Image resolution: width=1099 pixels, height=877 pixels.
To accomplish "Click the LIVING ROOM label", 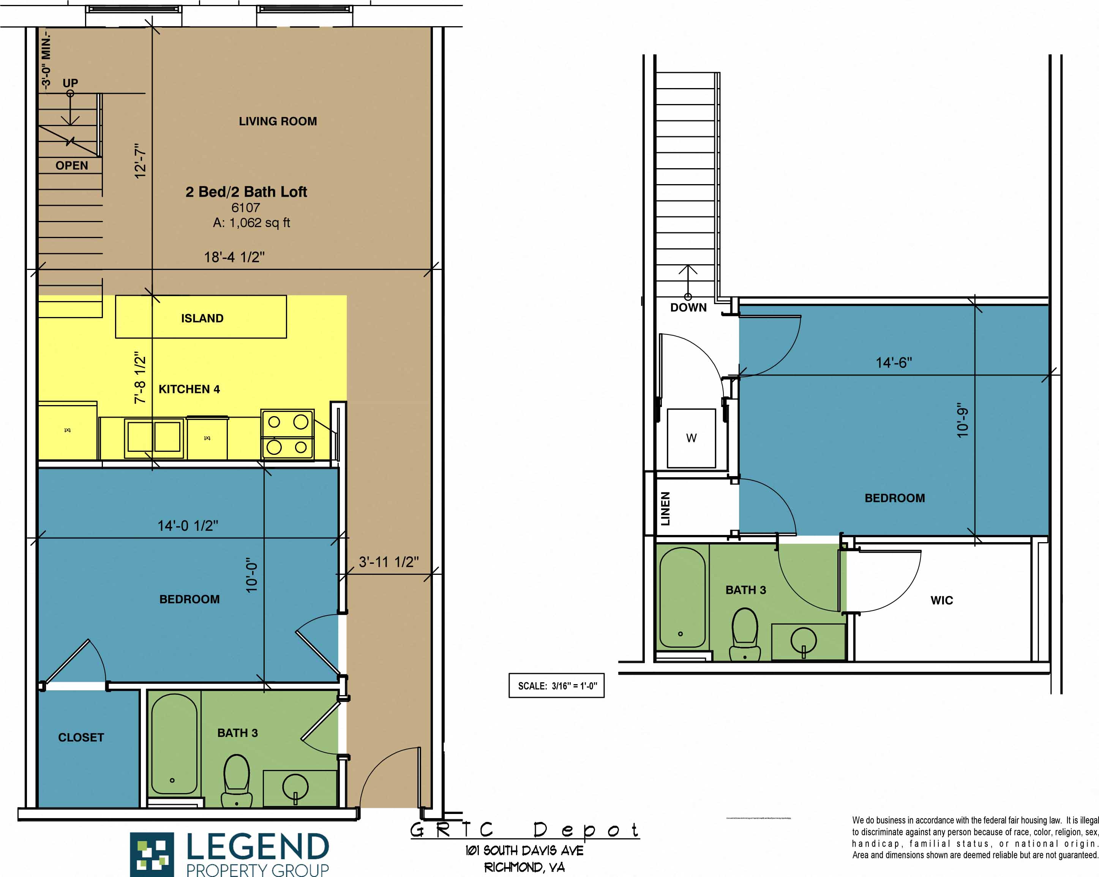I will pyautogui.click(x=278, y=121).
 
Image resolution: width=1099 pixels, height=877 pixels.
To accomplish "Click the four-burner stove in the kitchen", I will pyautogui.click(x=287, y=434).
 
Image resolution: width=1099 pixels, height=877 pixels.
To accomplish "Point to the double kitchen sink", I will pyautogui.click(x=154, y=437).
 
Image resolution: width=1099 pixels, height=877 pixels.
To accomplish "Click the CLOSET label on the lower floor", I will pyautogui.click(x=81, y=737).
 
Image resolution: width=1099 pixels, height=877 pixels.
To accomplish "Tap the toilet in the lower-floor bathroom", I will pyautogui.click(x=237, y=780).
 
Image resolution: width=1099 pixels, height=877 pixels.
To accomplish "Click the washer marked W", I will pyautogui.click(x=691, y=438).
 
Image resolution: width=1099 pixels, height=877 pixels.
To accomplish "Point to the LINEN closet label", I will pyautogui.click(x=665, y=508).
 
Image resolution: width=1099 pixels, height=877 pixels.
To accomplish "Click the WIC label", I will pyautogui.click(x=941, y=600).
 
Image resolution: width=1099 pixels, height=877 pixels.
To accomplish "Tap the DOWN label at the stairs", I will pyautogui.click(x=688, y=307).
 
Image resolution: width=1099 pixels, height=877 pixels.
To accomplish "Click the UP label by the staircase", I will pyautogui.click(x=70, y=82).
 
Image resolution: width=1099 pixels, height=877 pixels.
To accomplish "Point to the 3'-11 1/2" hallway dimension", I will pyautogui.click(x=388, y=562).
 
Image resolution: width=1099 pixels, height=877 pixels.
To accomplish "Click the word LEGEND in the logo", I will pyautogui.click(x=257, y=847).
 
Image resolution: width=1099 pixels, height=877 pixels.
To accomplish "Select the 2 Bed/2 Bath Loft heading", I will pyautogui.click(x=246, y=192).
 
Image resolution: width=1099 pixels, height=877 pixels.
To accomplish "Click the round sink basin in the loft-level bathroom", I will pyautogui.click(x=803, y=640).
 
